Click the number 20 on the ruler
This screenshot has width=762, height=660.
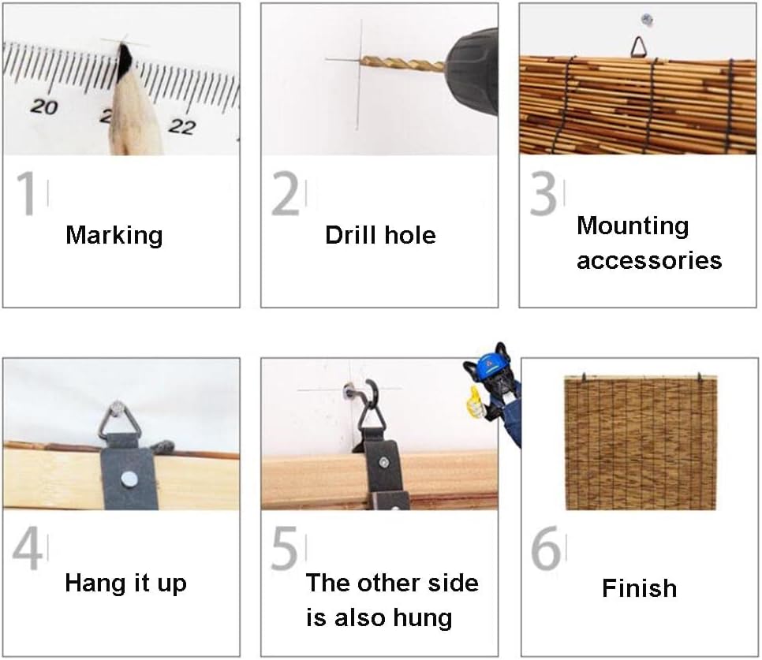point(44,106)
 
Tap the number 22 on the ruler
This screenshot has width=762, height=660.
point(182,126)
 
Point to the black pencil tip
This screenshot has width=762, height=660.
point(125,61)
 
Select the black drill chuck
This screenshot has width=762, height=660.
point(473,72)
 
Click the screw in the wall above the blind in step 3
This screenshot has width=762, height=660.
point(646,20)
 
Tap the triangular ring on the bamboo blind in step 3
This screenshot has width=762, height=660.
point(639,47)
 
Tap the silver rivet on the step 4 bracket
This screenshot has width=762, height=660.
point(129,479)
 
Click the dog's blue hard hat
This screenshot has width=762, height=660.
point(491,364)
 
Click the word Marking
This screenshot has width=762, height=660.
point(114,236)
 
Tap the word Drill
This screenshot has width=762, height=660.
point(351,235)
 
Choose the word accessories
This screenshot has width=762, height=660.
point(649,261)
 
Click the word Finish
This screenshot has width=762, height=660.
point(639,588)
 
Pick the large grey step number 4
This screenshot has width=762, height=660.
point(27,550)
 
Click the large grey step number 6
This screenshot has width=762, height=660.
point(546,550)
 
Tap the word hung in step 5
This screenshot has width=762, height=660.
point(422,618)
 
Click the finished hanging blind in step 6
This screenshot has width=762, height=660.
point(640,442)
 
